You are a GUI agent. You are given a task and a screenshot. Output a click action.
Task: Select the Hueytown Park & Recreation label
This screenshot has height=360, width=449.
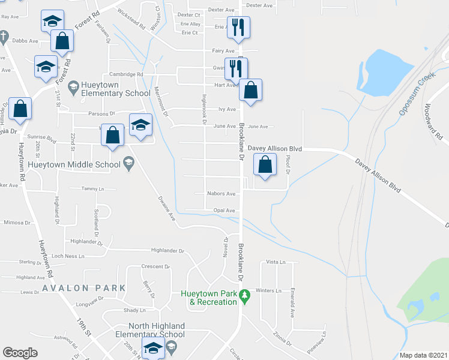209,298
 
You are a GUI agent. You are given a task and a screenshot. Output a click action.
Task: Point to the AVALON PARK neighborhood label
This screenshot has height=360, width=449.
84,288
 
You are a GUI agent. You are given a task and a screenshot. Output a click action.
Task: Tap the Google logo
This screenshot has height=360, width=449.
20,353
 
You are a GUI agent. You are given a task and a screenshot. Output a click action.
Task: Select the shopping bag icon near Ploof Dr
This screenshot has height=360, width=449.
265,164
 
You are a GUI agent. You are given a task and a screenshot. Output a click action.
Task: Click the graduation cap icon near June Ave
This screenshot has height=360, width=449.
140,124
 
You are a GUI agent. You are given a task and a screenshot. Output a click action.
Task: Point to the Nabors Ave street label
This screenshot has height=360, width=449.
221,194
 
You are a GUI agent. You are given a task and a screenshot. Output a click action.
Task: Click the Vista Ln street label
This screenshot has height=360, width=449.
274,262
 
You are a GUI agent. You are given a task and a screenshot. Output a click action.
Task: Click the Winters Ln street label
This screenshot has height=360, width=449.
268,290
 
